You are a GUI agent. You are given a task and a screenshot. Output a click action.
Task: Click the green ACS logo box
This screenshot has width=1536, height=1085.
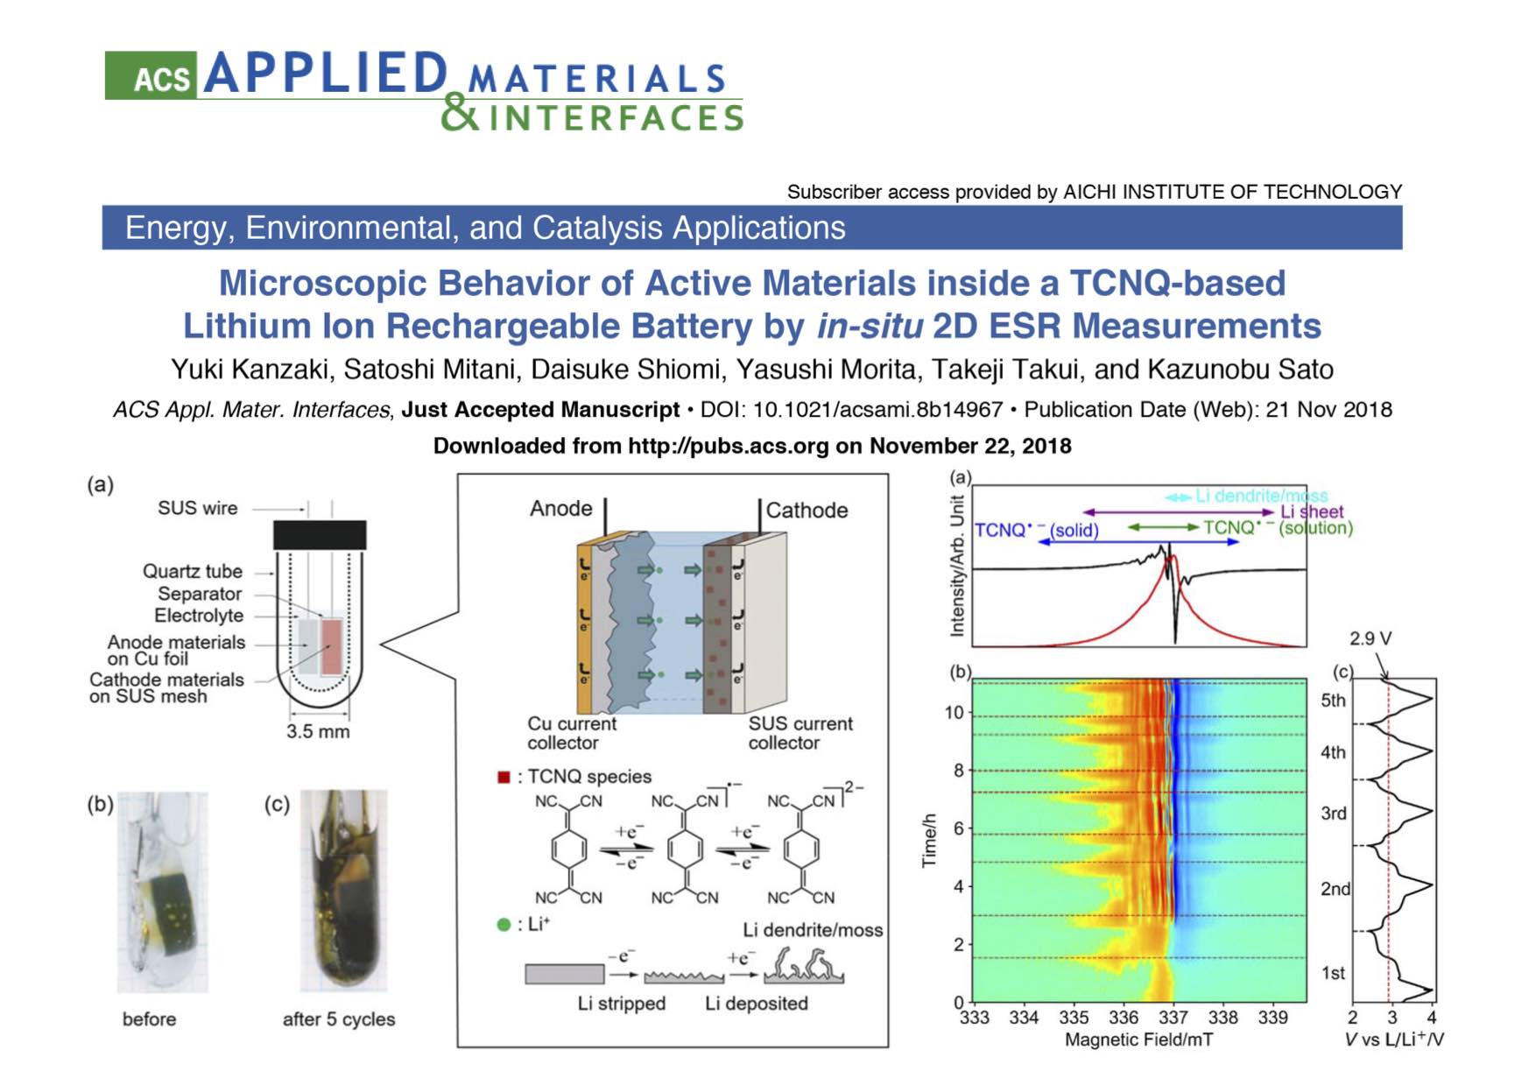(x=151, y=75)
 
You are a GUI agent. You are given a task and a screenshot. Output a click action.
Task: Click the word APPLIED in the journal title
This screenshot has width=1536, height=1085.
(x=326, y=73)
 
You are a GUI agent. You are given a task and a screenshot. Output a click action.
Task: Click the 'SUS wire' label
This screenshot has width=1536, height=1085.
(x=197, y=508)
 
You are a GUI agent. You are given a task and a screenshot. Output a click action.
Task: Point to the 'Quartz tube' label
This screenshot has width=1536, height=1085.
(x=193, y=571)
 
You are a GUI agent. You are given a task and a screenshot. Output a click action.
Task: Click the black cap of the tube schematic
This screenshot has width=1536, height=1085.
(x=320, y=535)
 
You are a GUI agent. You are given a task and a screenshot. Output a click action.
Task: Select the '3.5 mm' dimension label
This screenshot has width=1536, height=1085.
(x=318, y=731)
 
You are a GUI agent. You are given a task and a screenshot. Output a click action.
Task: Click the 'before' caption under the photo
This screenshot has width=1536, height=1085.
(x=149, y=1019)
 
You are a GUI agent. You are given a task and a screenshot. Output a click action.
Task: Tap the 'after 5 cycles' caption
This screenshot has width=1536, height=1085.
(x=339, y=1019)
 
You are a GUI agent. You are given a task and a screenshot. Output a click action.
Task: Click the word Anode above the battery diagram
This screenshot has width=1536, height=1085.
(x=560, y=509)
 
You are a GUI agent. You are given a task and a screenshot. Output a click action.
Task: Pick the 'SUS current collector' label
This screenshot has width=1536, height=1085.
(x=800, y=733)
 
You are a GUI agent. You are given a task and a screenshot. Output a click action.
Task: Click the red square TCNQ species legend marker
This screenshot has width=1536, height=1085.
(x=504, y=777)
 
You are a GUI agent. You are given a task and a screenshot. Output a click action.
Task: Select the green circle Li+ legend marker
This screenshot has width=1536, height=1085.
(x=504, y=924)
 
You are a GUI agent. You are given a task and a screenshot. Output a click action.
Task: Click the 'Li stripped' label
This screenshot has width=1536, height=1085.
(x=622, y=1004)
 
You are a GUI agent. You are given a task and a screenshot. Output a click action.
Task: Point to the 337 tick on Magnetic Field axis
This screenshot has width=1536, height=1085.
(x=1173, y=1018)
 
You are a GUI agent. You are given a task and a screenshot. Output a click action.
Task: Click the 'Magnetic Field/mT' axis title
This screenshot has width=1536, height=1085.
(x=1139, y=1040)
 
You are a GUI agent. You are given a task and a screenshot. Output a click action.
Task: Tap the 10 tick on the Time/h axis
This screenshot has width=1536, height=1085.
(x=954, y=713)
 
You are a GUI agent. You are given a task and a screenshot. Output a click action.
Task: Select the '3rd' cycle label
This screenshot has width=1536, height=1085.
(x=1334, y=814)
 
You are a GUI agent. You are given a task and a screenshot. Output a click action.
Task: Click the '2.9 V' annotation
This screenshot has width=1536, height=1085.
(x=1370, y=638)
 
